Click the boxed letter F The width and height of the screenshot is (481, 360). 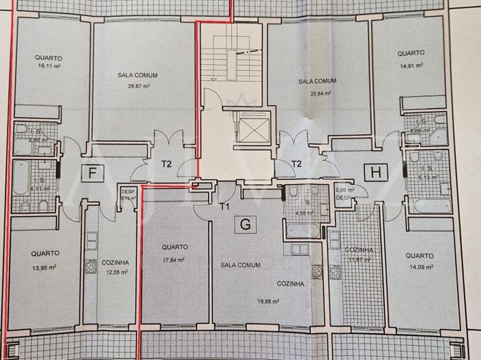[91, 173]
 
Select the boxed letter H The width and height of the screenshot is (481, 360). [375, 172]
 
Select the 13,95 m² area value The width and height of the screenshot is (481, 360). [45, 267]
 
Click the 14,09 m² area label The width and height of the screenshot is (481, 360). [421, 267]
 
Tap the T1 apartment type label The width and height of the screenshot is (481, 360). [224, 205]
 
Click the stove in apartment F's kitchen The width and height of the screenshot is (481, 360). [91, 266]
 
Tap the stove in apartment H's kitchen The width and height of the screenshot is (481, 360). [335, 271]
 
